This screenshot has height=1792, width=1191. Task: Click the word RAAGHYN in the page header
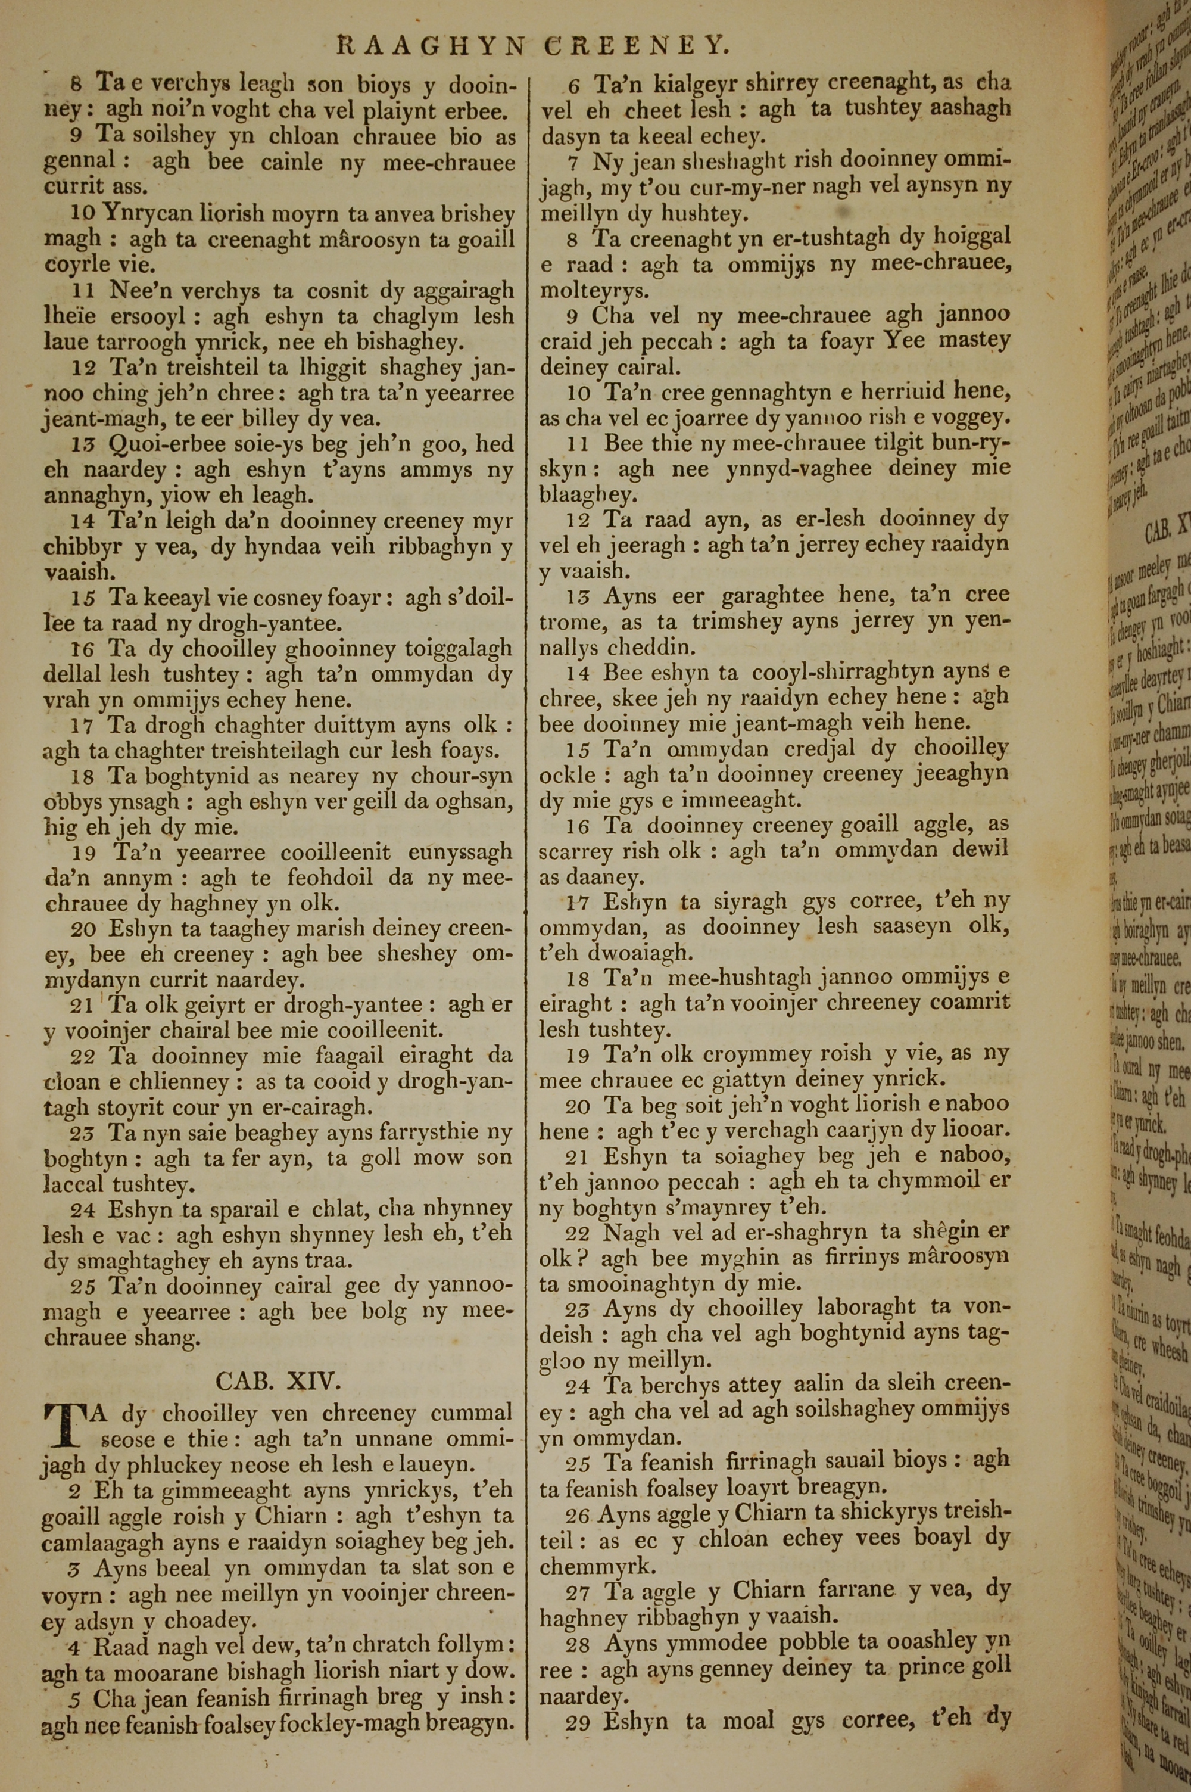[431, 46]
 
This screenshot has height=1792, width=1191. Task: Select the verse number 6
[574, 86]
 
